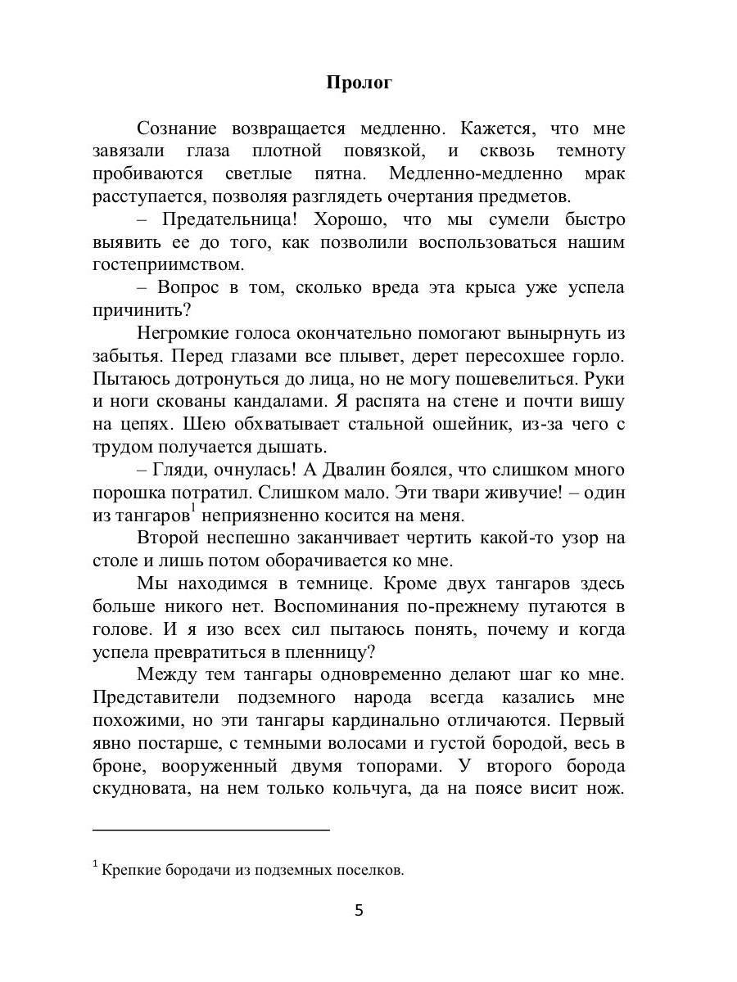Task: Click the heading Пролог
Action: [360, 83]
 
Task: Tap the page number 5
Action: [359, 912]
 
